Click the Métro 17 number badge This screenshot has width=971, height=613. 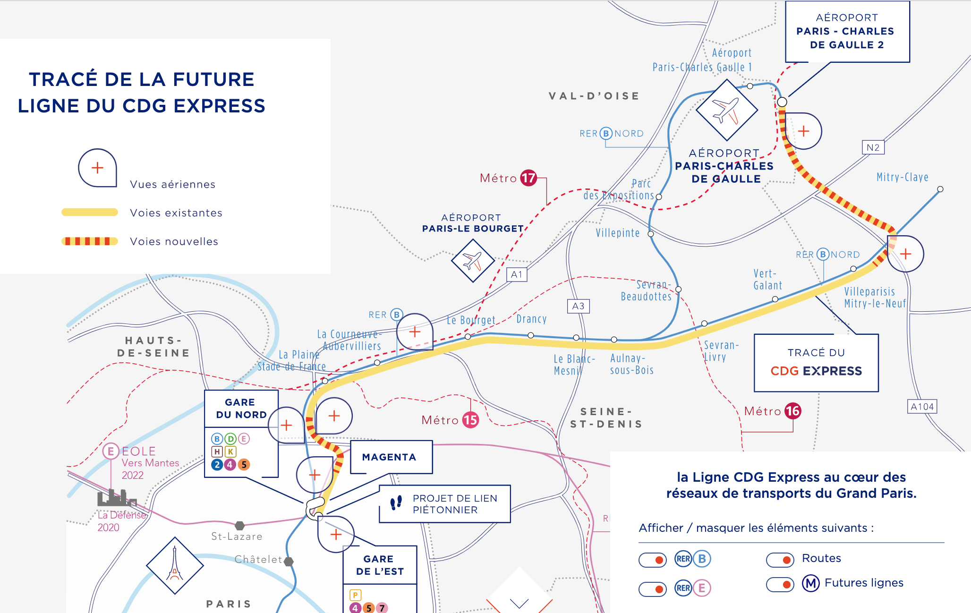point(528,178)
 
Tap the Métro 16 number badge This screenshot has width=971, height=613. point(792,411)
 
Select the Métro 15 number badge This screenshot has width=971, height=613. point(470,420)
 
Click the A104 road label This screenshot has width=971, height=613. point(922,407)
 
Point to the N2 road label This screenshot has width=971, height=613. point(873,147)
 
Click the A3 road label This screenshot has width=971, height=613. point(578,306)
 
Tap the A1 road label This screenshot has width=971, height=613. point(517,274)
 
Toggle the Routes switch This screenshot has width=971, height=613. point(780,560)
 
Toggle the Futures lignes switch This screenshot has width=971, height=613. point(780,584)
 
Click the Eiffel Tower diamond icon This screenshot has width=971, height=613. point(175,565)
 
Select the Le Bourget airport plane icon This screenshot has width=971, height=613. point(473,260)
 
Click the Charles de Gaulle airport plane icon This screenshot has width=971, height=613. point(726,110)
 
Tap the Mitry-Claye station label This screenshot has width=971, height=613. point(902,177)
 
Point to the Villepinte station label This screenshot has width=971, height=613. point(617,233)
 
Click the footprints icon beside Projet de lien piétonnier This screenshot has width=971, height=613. point(396,503)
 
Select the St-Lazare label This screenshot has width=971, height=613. point(237,536)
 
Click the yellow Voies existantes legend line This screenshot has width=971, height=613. point(90,213)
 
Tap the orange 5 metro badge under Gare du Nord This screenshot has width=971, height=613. point(244,464)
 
